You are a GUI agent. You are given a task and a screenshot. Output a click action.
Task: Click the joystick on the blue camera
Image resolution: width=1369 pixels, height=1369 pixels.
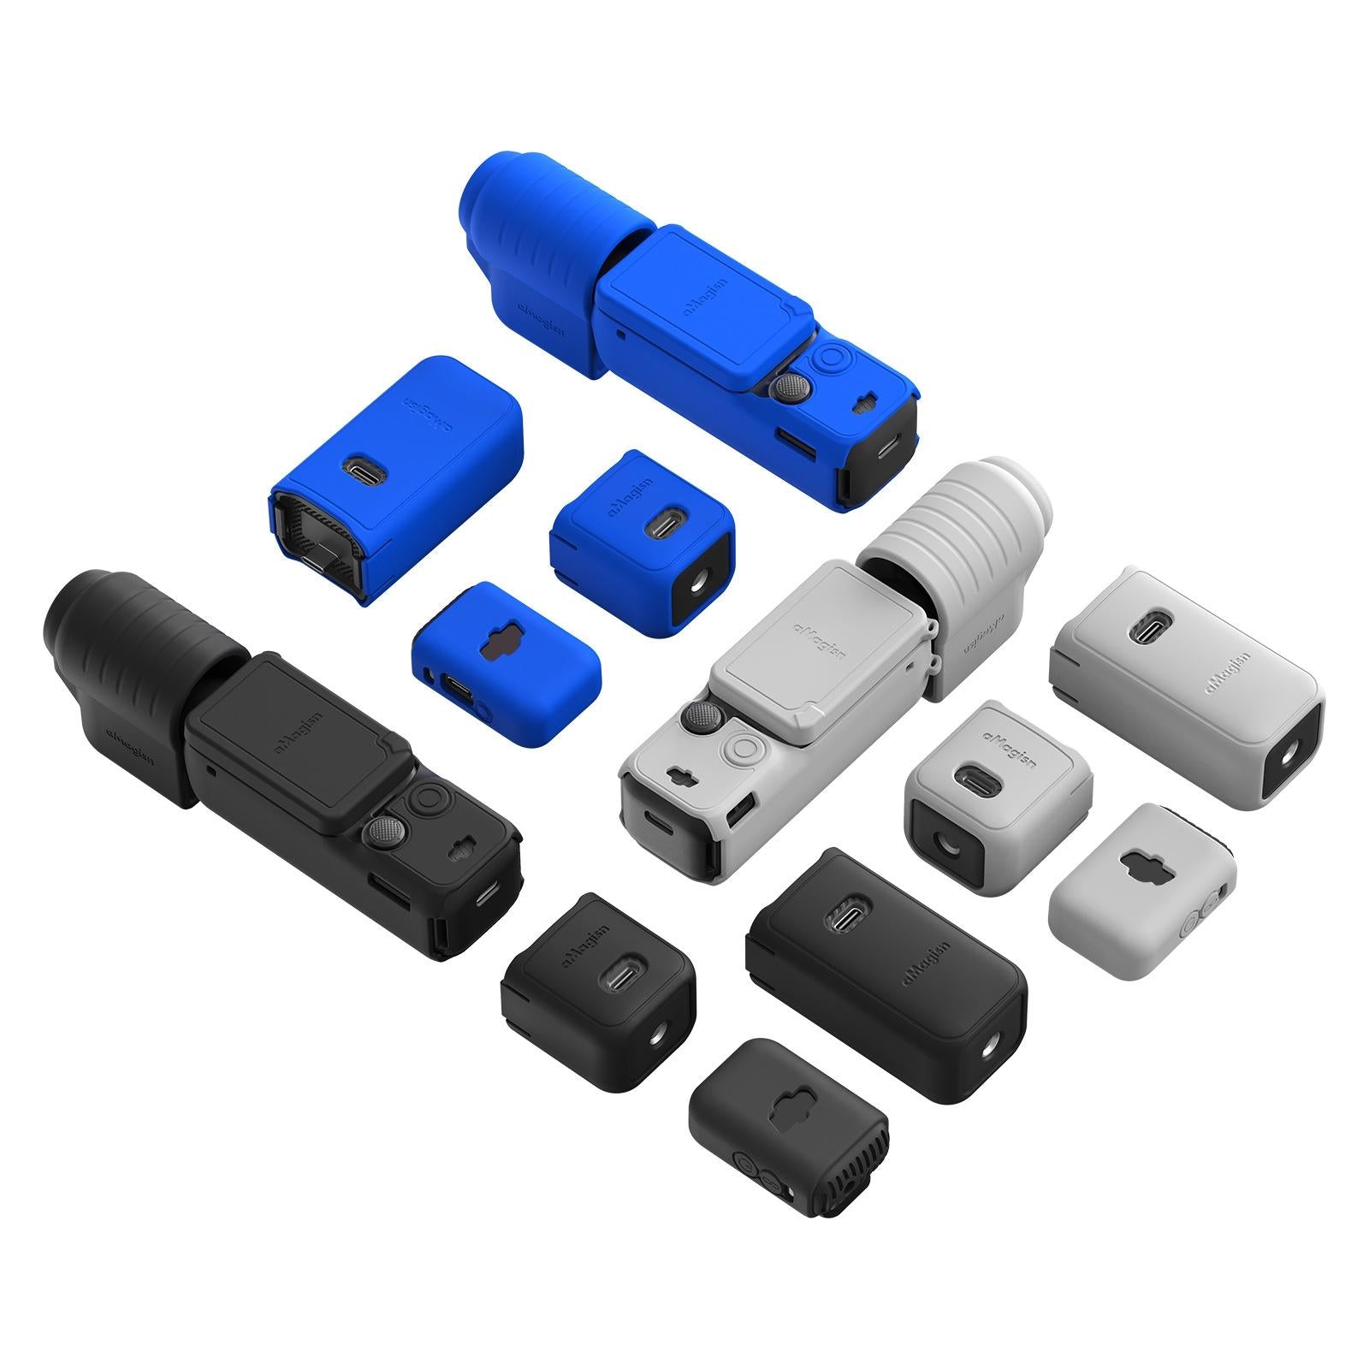(x=784, y=387)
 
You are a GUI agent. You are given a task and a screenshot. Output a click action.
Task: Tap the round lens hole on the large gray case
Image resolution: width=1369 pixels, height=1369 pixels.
(x=1286, y=758)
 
